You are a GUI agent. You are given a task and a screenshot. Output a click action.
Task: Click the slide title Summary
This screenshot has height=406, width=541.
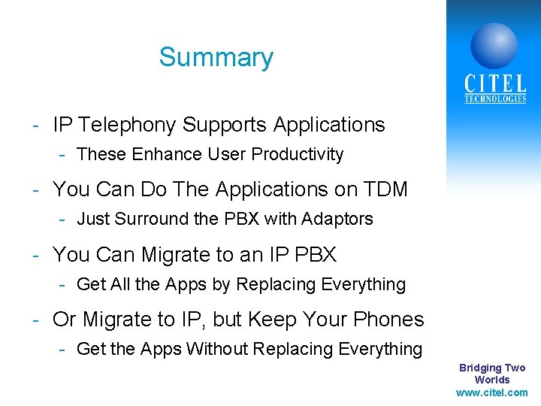point(216,58)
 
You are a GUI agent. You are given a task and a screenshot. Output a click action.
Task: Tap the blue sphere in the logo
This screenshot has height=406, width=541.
point(494,46)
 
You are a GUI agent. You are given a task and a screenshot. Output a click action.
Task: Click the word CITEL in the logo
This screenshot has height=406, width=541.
point(494,83)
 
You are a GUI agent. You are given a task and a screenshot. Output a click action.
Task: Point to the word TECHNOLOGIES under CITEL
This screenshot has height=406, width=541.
point(494,99)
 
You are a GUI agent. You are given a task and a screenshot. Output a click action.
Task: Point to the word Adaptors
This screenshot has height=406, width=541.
point(337,220)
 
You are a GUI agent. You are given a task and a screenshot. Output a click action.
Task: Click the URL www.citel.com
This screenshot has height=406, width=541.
point(491,392)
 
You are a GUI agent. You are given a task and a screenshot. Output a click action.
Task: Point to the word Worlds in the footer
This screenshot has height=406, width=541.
point(492,380)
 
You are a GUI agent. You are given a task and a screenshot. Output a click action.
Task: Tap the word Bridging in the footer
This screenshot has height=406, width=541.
point(480,368)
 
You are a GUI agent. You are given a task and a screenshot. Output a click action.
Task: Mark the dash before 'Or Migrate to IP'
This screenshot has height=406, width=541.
point(35,320)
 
